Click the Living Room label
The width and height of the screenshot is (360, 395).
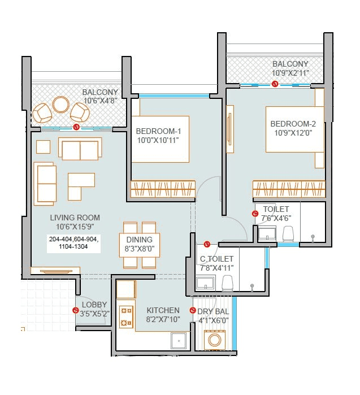tap(75, 218)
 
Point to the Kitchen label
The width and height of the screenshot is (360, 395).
tap(163, 310)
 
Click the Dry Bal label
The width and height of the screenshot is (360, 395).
tap(214, 311)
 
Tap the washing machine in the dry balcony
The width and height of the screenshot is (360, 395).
tap(215, 340)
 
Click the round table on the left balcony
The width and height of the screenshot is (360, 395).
tap(60, 105)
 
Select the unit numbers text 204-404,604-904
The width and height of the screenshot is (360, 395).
tap(73, 240)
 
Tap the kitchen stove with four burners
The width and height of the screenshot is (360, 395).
tap(126, 316)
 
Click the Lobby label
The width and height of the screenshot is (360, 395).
tap(93, 305)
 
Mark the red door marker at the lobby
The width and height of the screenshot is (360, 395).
tap(76, 310)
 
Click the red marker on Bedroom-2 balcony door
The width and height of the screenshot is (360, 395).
tap(275, 84)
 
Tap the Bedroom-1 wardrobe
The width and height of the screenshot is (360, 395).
tap(163, 189)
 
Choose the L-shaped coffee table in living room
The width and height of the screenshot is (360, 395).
tap(81, 186)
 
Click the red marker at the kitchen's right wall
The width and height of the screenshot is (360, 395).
tap(193, 310)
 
